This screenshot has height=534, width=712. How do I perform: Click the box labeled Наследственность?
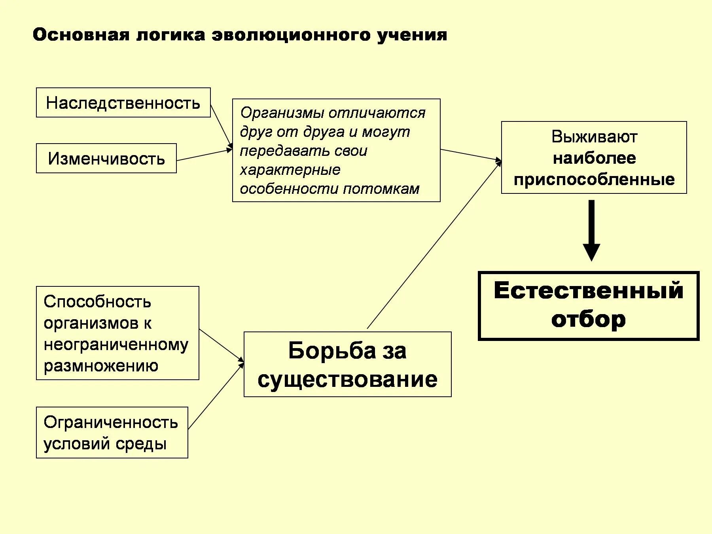123,103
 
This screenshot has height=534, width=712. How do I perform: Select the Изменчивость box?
106,159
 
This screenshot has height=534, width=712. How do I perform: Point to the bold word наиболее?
594,158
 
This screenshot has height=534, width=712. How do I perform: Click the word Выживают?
594,137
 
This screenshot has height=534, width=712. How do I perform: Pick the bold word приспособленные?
594,180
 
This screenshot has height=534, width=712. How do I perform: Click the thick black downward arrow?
591,229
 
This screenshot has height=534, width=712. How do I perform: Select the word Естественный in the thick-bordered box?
588,290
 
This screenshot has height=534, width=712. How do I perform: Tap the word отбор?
588,319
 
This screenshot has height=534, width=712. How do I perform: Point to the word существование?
347,379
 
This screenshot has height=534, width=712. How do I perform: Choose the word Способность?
97,302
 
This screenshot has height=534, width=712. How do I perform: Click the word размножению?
101,365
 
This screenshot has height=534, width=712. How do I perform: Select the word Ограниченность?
111,422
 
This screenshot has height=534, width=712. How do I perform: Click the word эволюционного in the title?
292,35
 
